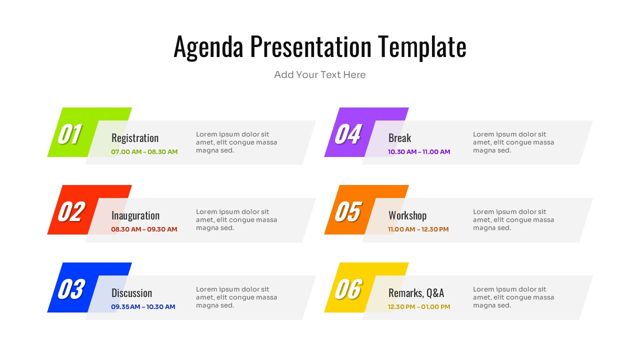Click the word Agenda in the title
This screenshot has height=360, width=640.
pos(208,47)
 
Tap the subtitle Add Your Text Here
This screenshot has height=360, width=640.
pos(320,75)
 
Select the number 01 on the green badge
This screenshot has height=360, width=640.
pos(70,134)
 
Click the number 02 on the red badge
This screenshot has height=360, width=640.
pos(70,211)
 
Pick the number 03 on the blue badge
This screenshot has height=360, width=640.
pos(71,289)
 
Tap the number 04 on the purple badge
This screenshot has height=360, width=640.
pos(347,134)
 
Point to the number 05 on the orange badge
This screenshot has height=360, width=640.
pos(347,211)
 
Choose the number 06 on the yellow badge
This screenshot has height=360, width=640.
pos(347,289)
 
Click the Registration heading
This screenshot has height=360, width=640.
pos(135,138)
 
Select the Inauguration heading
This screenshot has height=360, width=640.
pos(135,215)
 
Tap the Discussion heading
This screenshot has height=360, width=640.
pos(131,293)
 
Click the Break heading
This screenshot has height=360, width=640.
pos(399,138)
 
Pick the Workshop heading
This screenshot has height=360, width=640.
pos(407,215)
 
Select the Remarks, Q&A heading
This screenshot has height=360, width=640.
pos(416,293)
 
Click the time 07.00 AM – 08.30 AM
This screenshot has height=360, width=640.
pos(144,152)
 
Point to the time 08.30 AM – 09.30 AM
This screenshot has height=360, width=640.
pos(144,229)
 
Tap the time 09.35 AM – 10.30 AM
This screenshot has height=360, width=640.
pos(143,307)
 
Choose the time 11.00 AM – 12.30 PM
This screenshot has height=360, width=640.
pos(418,229)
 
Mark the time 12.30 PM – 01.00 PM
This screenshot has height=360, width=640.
pos(419,307)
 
